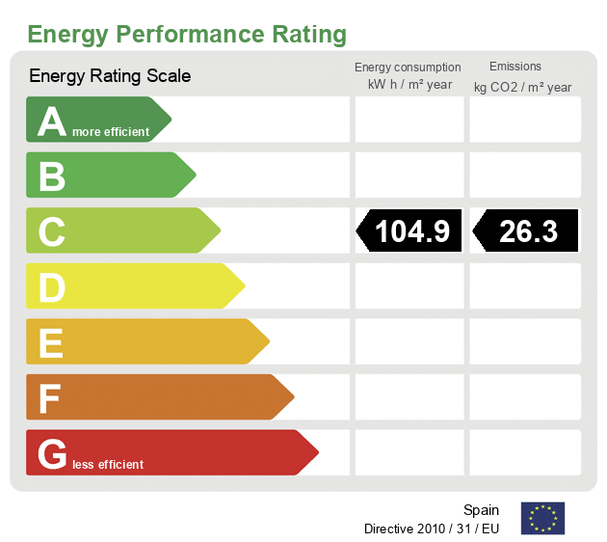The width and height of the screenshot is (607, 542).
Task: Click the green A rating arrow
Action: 96,120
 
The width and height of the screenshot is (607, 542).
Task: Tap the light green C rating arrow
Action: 121,230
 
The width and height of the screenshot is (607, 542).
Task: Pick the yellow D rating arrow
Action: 134,286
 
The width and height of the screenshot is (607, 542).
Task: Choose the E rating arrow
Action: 145,341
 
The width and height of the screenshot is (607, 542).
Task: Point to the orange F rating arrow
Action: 158,397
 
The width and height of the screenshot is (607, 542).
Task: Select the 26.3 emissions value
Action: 527,231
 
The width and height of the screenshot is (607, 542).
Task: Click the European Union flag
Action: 542,519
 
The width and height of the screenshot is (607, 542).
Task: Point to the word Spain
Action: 481,510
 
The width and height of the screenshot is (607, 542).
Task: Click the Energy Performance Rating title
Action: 187,35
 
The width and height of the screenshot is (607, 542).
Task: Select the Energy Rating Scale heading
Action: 110,76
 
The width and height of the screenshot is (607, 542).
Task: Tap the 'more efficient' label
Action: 112,132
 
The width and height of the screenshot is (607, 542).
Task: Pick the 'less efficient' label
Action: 108,465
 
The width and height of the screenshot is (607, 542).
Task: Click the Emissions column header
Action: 515,67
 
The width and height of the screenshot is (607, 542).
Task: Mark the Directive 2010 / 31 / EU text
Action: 432,529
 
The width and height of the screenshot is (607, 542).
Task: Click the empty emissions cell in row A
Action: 525,120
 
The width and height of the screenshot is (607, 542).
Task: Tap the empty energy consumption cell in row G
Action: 409,452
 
